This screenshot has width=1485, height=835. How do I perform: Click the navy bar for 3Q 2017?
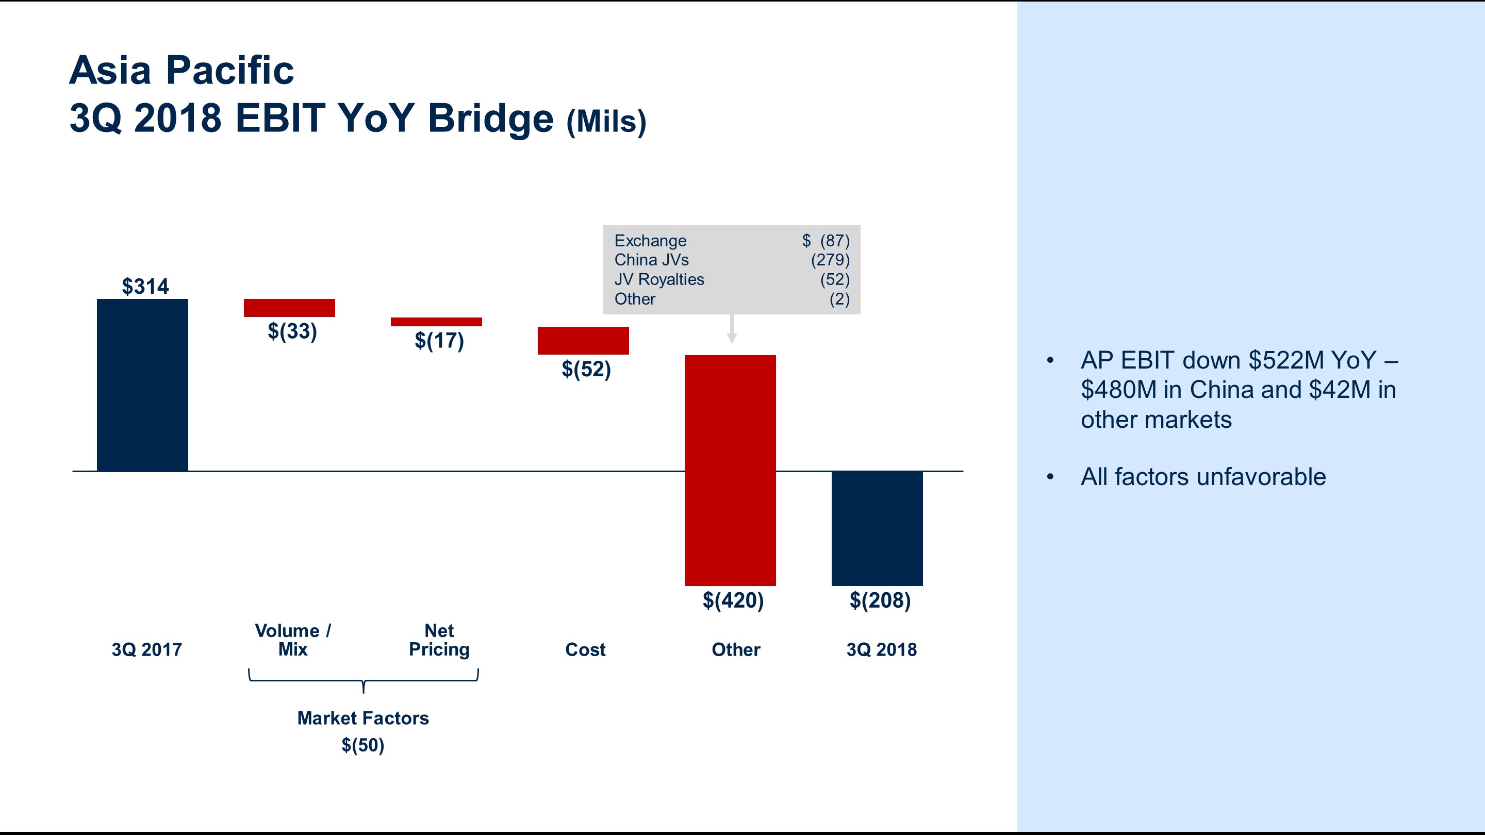tap(142, 385)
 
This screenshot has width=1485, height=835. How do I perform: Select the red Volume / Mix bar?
tap(289, 308)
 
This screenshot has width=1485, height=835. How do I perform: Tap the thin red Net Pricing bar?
tap(436, 322)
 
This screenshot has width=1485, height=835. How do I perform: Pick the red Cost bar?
tap(583, 341)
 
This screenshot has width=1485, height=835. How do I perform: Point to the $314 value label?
tap(145, 287)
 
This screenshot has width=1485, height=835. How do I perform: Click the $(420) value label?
tap(733, 600)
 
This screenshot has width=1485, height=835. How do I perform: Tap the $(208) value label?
tap(880, 600)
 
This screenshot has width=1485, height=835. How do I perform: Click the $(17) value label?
tap(439, 341)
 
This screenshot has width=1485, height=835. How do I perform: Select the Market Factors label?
tap(362, 718)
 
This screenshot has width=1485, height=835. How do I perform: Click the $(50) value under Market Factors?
tap(362, 745)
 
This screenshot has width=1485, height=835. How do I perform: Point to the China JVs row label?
tap(651, 260)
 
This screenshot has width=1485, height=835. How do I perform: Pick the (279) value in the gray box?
tap(830, 260)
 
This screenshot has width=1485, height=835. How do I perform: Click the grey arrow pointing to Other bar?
tap(732, 330)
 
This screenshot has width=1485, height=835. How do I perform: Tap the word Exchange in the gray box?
tap(650, 240)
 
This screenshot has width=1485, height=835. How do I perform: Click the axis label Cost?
tap(585, 649)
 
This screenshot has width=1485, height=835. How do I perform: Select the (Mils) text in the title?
tap(606, 122)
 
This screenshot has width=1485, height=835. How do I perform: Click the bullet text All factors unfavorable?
tap(1203, 477)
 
